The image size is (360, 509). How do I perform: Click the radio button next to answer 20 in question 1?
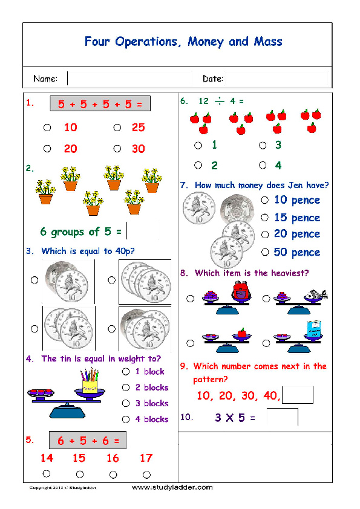(x=47, y=149)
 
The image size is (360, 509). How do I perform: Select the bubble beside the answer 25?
(x=116, y=128)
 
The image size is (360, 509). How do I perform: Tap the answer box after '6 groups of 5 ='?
(x=134, y=232)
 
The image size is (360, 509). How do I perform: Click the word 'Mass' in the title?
(x=266, y=42)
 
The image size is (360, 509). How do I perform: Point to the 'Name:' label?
(x=45, y=79)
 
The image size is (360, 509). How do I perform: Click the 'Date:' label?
(x=213, y=79)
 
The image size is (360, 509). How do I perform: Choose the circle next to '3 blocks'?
(x=126, y=403)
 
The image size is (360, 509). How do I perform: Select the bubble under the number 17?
(x=146, y=474)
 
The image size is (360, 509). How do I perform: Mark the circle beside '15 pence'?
(x=264, y=218)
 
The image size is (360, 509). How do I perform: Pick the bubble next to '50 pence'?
(x=264, y=252)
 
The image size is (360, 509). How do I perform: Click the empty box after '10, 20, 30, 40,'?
(x=298, y=395)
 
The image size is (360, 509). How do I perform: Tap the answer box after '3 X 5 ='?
(x=283, y=417)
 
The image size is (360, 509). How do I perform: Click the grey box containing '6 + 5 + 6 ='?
(x=88, y=440)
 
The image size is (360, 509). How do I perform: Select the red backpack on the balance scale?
(x=240, y=291)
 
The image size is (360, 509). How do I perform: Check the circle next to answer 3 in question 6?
(x=263, y=145)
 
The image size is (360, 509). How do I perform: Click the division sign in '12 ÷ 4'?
(x=220, y=101)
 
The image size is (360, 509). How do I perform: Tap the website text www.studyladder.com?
(x=172, y=487)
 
